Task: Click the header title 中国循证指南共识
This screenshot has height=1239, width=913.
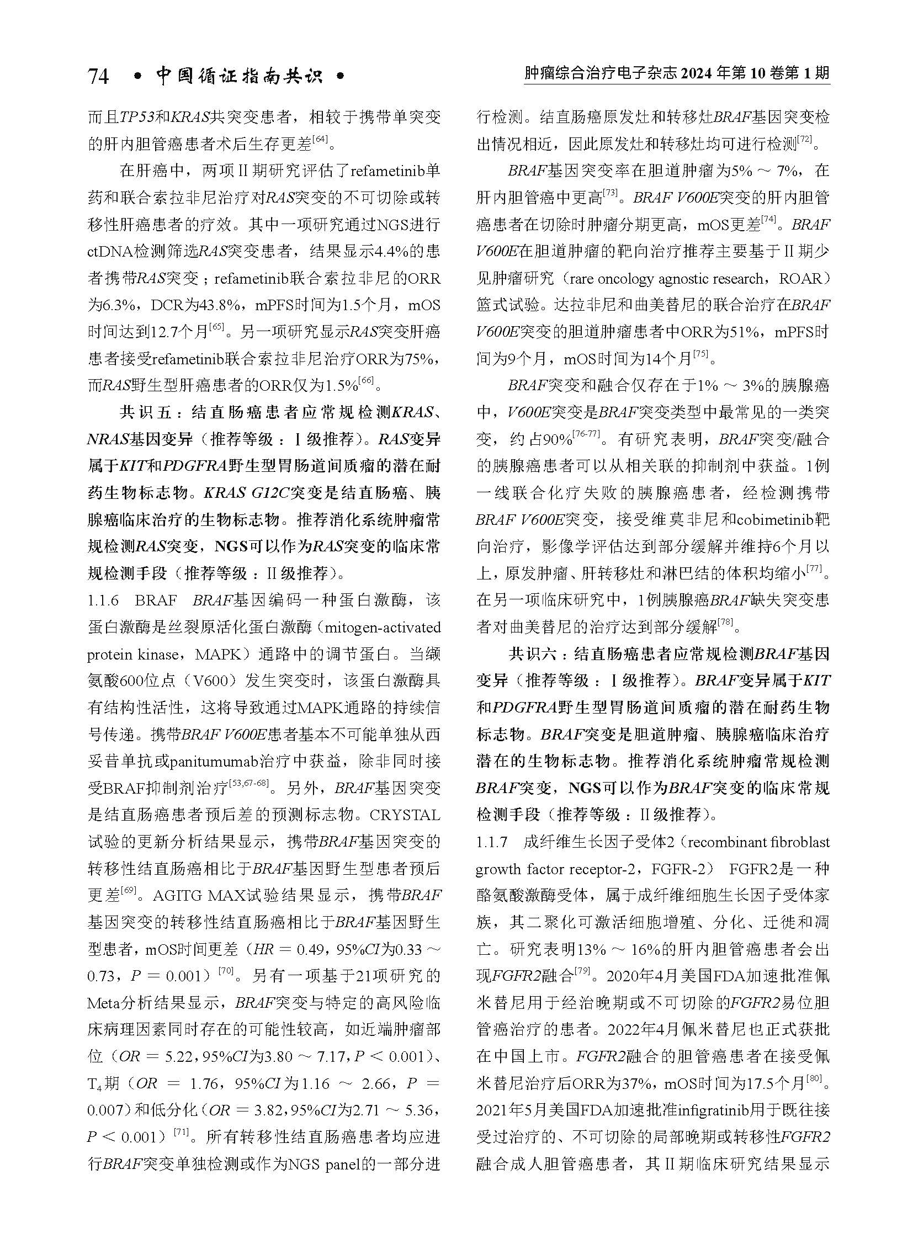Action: pyautogui.click(x=239, y=76)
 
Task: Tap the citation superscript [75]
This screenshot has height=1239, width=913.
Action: pyautogui.click(x=700, y=355)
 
